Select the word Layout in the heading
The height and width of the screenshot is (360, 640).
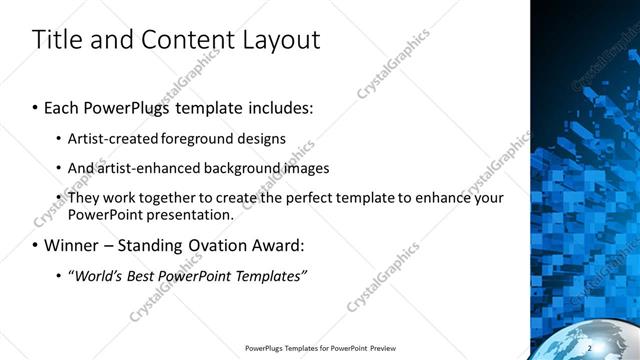[x=282, y=41]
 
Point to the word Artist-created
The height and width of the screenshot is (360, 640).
[x=108, y=139]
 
